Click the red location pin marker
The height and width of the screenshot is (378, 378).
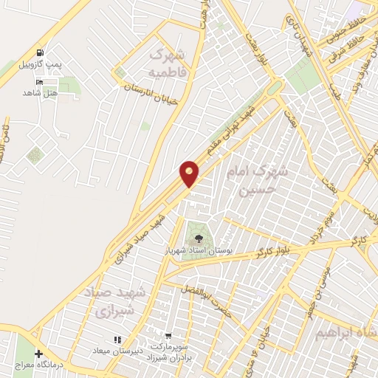tap(190, 173)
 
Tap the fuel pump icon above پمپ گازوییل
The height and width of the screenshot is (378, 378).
tap(40, 53)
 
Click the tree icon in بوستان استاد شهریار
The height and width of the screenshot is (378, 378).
tap(198, 238)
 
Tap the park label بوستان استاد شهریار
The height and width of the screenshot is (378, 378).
tap(197, 251)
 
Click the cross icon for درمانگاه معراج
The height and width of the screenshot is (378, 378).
tap(38, 354)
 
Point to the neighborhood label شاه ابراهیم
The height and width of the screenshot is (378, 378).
tap(346, 333)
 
